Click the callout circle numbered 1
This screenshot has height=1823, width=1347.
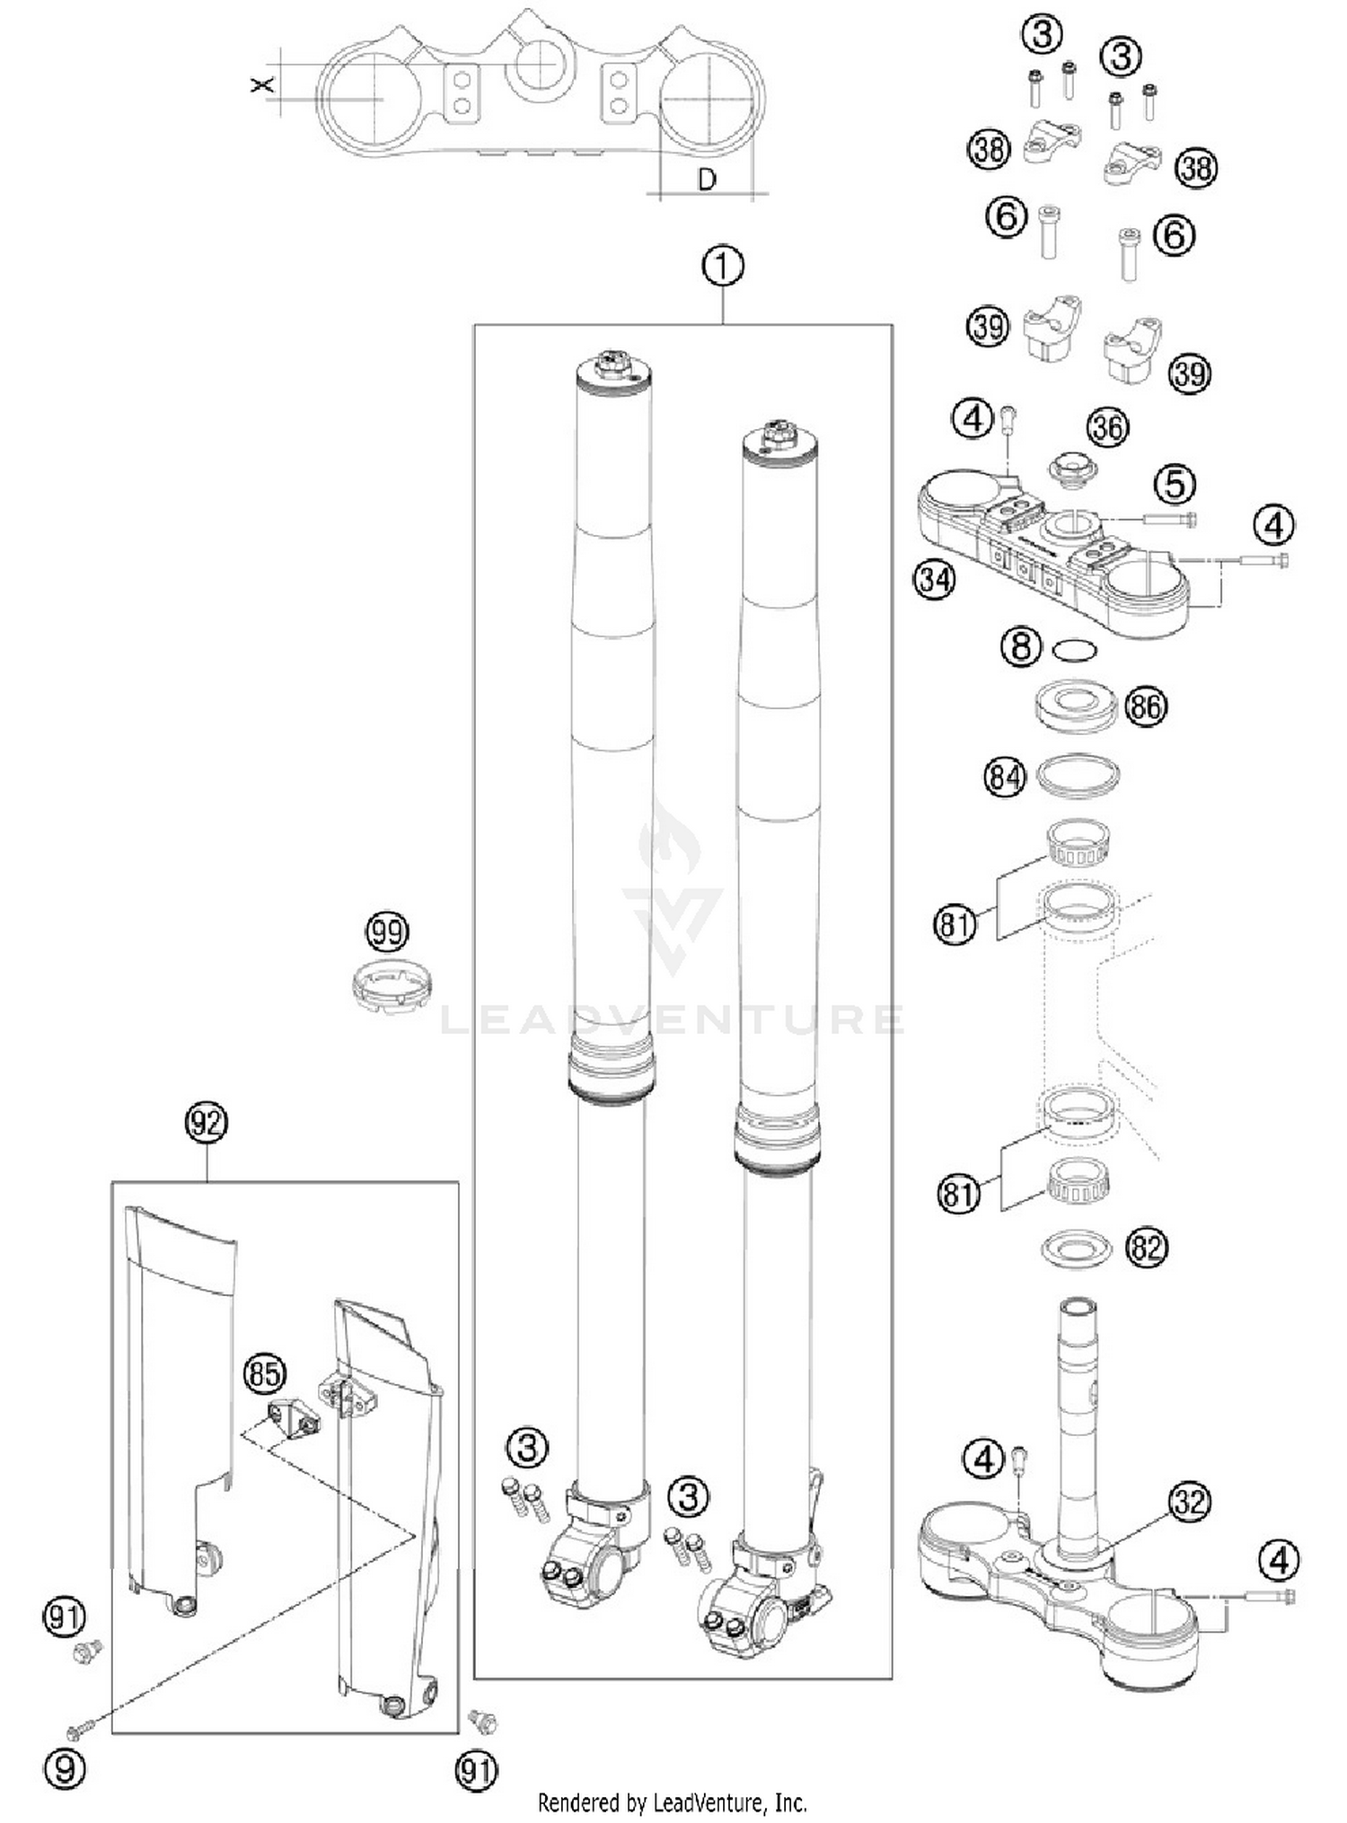(724, 267)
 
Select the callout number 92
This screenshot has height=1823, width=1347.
(207, 1124)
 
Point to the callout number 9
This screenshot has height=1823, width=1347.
(65, 1768)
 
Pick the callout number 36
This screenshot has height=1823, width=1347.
(1107, 428)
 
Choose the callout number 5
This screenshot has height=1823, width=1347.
(1175, 485)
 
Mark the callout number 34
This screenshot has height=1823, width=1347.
(934, 580)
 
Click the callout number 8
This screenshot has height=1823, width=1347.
(1021, 645)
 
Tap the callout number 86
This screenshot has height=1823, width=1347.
(1146, 706)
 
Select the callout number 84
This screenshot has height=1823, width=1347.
(1004, 776)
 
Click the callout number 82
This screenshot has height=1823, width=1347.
(1147, 1249)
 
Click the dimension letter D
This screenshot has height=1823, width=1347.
(708, 180)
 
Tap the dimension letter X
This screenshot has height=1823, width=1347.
(260, 85)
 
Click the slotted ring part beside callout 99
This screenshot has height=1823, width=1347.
(392, 986)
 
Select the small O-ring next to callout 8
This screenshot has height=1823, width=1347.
(1073, 650)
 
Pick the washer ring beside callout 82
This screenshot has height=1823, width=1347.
(1076, 1249)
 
